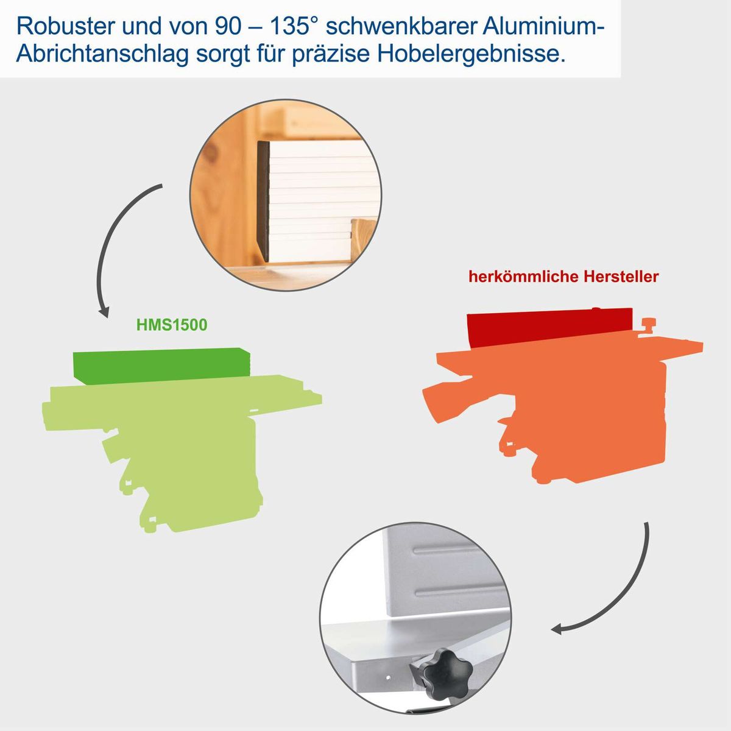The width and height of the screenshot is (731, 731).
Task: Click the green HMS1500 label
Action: pyautogui.click(x=172, y=325)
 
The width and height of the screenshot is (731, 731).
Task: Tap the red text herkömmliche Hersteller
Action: pyautogui.click(x=563, y=277)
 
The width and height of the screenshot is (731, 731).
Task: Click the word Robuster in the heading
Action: pyautogui.click(x=68, y=26)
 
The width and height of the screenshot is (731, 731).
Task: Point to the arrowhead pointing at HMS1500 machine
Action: pyautogui.click(x=104, y=311)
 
